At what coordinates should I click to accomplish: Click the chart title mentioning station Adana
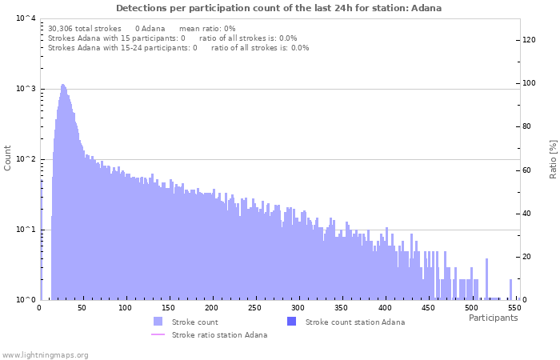pos(278,8)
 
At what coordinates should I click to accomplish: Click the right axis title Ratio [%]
pos(553,158)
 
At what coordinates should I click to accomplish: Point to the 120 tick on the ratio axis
pos(530,40)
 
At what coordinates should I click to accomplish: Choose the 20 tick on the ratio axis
pos(527,257)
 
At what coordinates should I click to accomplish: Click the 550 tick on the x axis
pos(514,308)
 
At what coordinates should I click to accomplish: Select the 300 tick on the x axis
pos(298,308)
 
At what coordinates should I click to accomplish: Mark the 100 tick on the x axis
pos(125,308)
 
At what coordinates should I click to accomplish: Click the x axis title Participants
pos(493,318)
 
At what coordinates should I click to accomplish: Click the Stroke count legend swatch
pos(158,322)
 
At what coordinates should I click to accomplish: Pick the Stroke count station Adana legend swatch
pos(291,322)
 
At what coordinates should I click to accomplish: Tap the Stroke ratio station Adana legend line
pos(158,334)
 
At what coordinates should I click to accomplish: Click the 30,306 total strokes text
pos(85,28)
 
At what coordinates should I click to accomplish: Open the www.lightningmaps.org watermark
pos(45,354)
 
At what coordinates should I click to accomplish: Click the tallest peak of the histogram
pos(63,85)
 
